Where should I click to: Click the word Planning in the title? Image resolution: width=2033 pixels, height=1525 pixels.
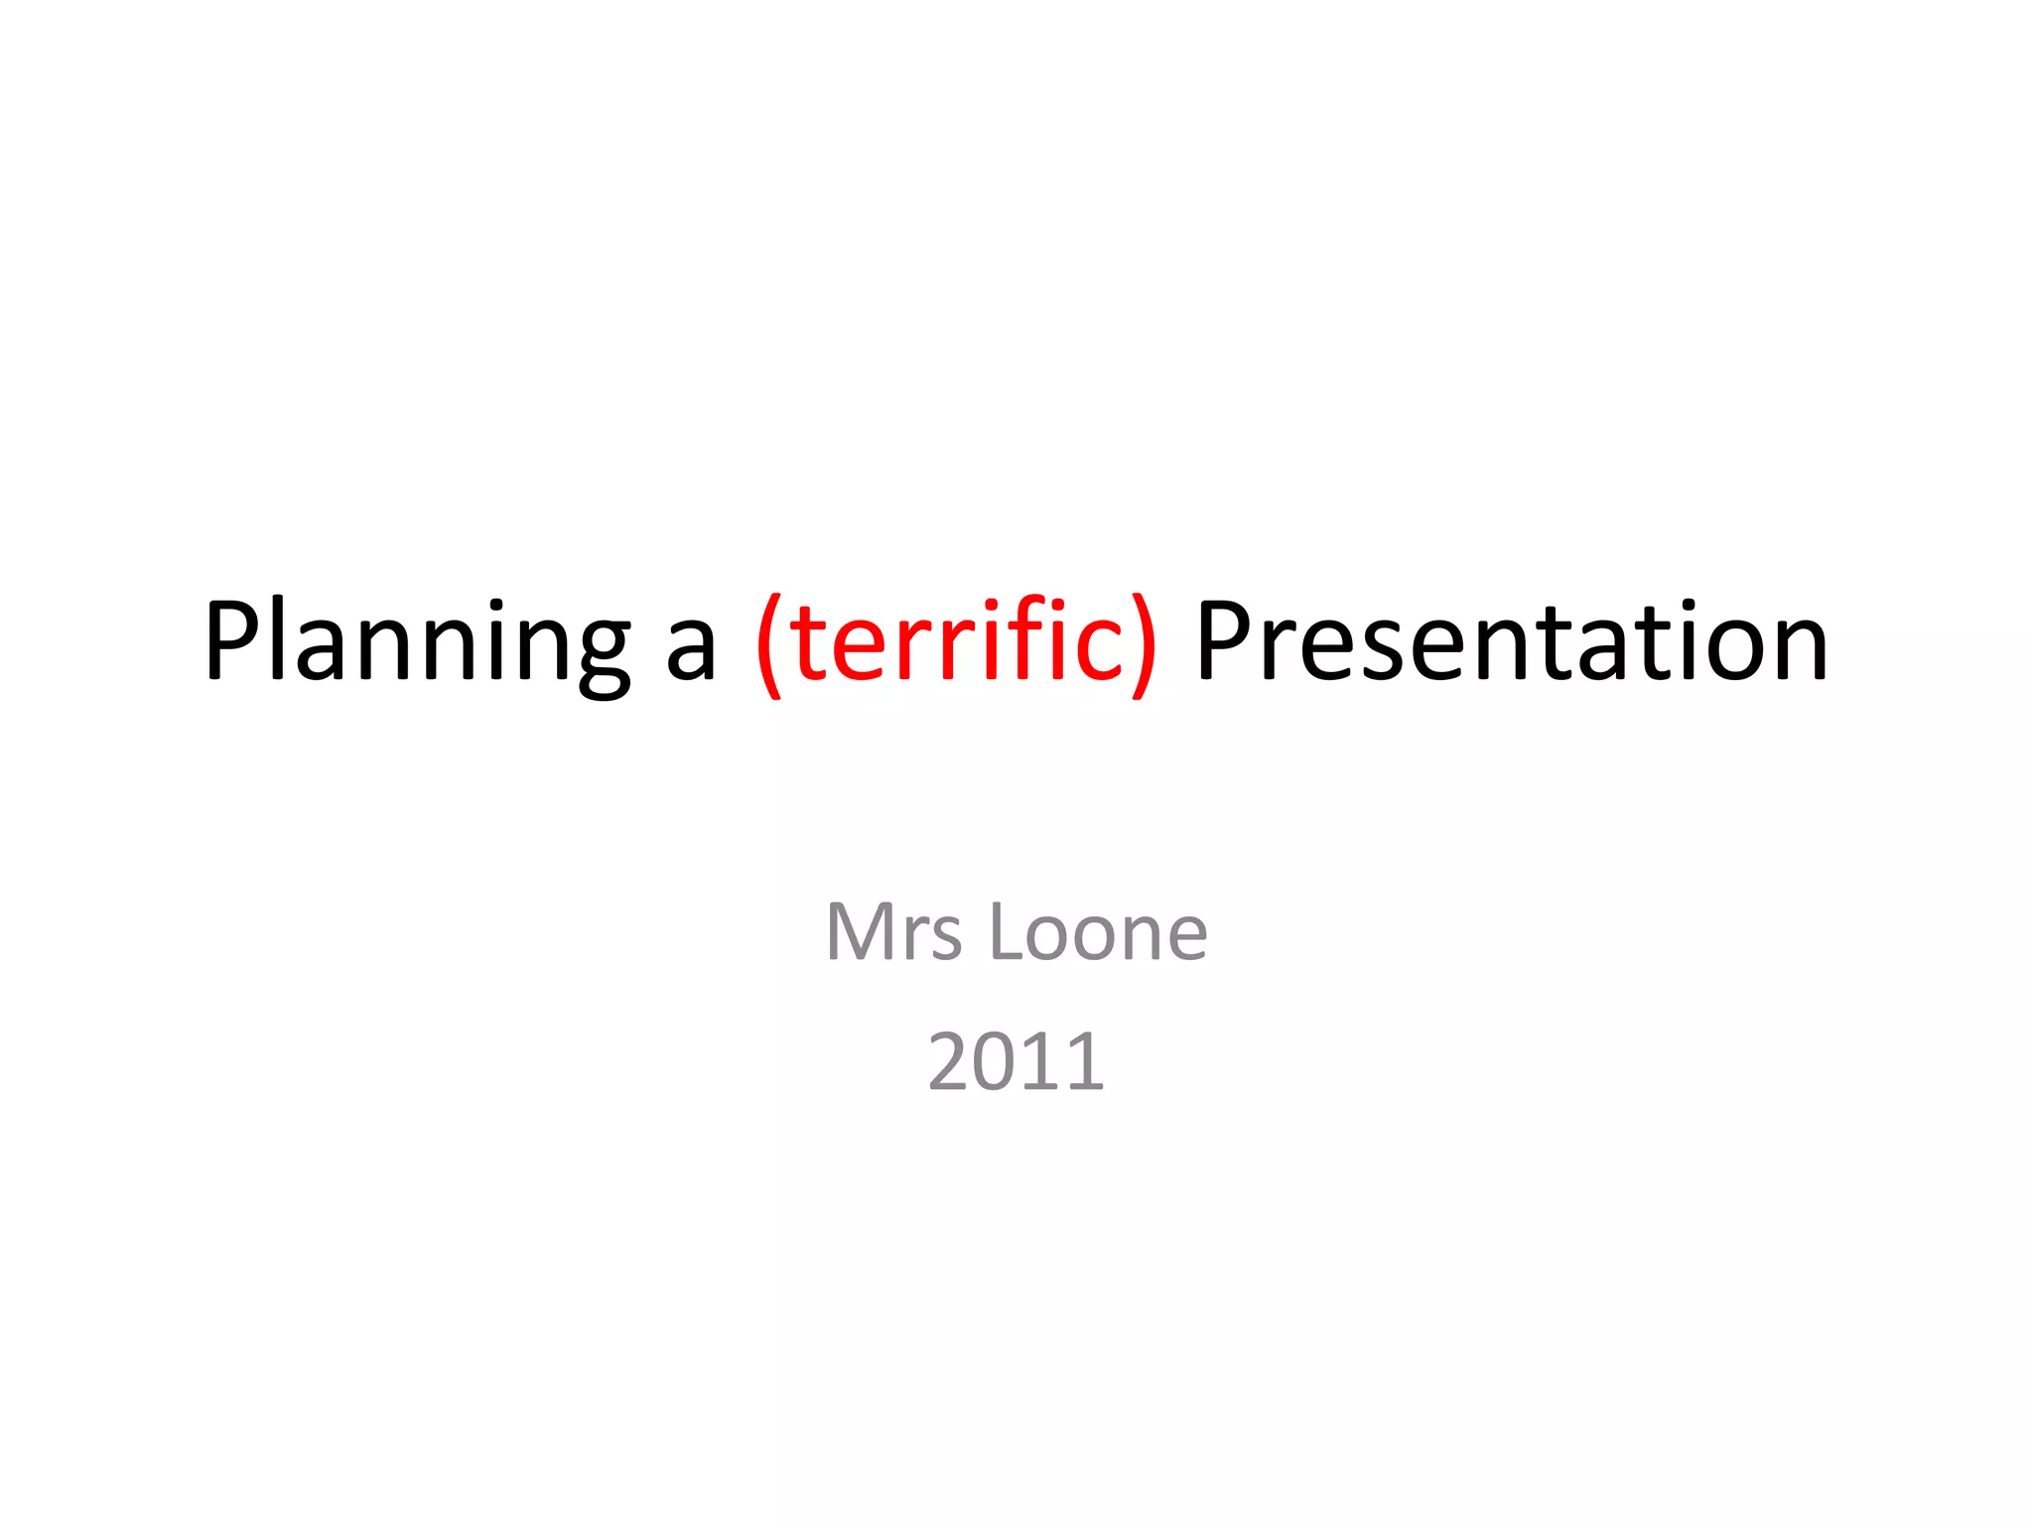417,642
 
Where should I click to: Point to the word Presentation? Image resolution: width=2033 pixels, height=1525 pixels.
1512,642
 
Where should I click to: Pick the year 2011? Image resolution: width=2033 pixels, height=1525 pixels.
1016,1061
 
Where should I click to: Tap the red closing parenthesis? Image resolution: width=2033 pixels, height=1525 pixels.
1143,645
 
